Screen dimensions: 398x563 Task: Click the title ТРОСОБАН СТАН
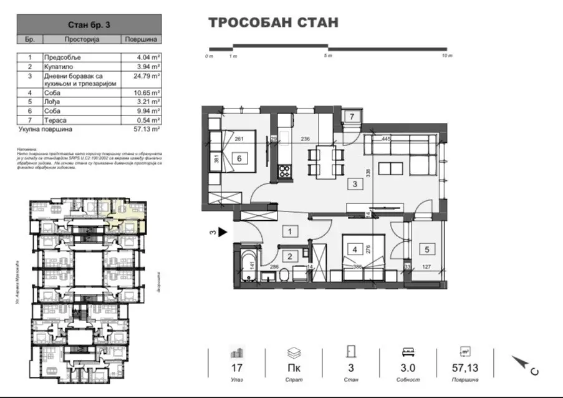click(x=272, y=23)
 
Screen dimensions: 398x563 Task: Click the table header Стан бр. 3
click(x=88, y=25)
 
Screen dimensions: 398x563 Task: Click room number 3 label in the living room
click(x=354, y=184)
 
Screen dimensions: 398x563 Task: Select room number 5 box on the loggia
click(x=427, y=250)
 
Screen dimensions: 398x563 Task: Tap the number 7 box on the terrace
click(x=351, y=117)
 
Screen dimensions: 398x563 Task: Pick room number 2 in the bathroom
click(x=289, y=256)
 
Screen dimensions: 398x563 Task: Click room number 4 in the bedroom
click(x=355, y=250)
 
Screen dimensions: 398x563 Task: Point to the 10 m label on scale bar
click(x=446, y=56)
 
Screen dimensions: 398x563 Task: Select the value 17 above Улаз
click(x=236, y=368)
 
